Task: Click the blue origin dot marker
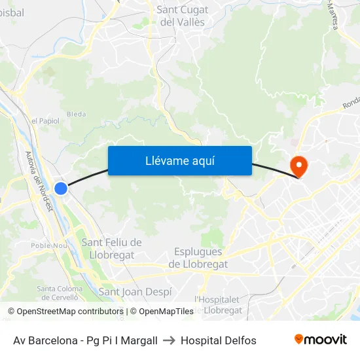point(61,189)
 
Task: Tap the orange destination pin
point(298,164)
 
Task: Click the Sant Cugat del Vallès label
point(183,16)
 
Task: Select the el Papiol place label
point(45,121)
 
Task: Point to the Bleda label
point(76,114)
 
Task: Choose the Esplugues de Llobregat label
point(198,258)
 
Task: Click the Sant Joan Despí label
point(135,292)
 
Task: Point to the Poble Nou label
point(50,245)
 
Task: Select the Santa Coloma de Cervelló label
point(60,293)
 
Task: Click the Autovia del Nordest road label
point(38,181)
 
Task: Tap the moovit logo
point(321,339)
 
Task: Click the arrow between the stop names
point(169,340)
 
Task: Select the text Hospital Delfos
point(219,340)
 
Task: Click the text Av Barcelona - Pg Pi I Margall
point(85,340)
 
